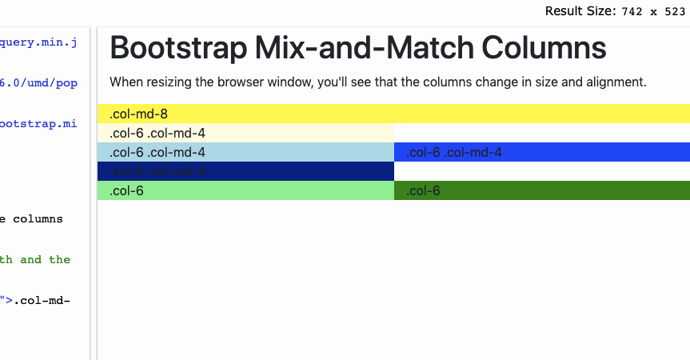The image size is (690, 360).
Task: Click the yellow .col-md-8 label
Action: tap(138, 114)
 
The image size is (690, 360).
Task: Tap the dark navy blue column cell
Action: tap(245, 171)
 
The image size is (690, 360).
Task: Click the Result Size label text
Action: tap(575, 11)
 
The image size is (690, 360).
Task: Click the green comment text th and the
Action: tap(35, 259)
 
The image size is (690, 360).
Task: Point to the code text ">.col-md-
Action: tap(35, 300)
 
